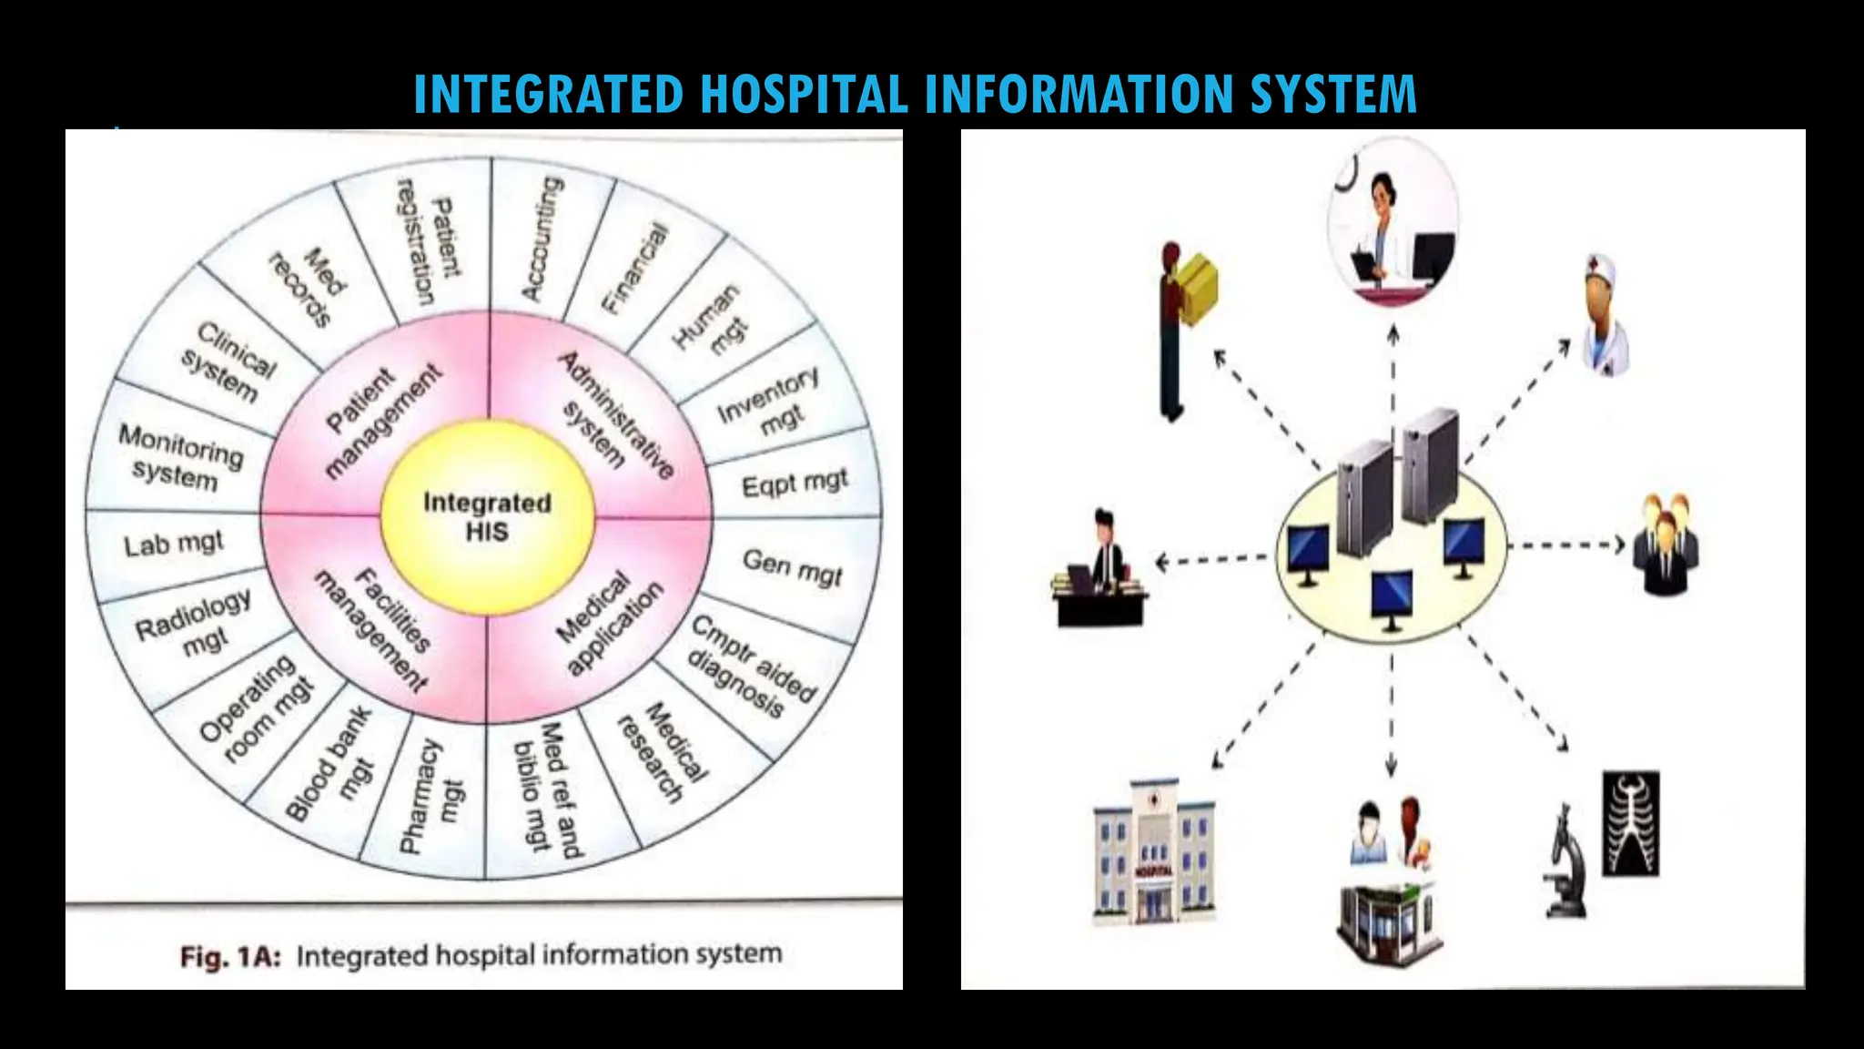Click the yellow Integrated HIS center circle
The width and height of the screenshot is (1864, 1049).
tap(487, 516)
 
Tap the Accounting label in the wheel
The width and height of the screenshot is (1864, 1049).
tap(543, 239)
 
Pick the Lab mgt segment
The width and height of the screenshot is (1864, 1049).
tap(174, 545)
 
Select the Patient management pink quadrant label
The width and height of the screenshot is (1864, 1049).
tap(382, 420)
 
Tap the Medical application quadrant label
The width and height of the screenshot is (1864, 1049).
tap(609, 624)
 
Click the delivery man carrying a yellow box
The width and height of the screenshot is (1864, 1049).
tap(1183, 328)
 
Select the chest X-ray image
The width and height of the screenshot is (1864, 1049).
tap(1630, 823)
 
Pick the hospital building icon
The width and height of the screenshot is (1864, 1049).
tap(1153, 852)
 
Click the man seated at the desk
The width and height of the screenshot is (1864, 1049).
tap(1102, 571)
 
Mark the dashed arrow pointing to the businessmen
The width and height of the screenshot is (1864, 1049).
tap(1565, 545)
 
